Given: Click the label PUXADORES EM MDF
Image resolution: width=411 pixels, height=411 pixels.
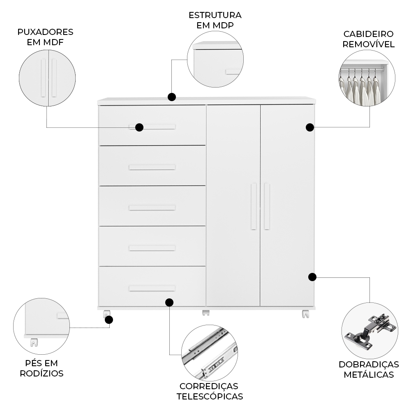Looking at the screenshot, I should tap(45, 37).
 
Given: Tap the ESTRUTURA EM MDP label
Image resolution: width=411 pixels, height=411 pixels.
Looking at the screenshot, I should tap(215, 20).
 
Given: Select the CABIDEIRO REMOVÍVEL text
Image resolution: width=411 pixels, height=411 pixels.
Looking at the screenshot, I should tap(369, 39).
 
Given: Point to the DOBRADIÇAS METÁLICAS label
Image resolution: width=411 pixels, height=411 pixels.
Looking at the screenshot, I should tap(369, 369).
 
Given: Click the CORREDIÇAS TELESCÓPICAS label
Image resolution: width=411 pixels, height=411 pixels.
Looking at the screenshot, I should tap(210, 391).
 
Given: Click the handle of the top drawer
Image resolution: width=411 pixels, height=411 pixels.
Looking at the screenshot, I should tap(156, 127).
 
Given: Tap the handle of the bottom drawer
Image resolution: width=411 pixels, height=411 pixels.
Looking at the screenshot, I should tap(152, 288).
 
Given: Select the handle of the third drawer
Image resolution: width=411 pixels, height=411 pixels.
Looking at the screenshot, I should tap(152, 208).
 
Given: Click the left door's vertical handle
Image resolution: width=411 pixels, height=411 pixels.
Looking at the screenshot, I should tap(254, 206).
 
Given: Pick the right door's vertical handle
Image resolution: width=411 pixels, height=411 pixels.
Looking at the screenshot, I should tap(267, 206).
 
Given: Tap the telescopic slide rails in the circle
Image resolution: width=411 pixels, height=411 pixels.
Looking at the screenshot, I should tap(210, 353).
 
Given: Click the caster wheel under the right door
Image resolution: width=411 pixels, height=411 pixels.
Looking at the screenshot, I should tap(305, 314).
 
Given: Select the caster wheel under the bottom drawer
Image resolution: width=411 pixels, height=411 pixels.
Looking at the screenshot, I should tap(107, 314).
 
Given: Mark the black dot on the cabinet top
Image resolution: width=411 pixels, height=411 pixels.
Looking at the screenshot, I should tap(172, 97).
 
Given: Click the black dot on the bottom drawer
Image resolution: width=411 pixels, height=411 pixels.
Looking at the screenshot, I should tap(169, 302).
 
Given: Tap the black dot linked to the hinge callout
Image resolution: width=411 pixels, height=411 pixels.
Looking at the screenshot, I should tap(312, 277).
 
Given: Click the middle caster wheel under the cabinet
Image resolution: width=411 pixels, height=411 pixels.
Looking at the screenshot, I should tap(205, 313).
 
